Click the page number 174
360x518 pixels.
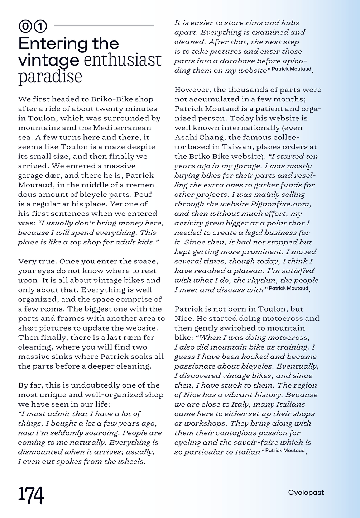point(31,495)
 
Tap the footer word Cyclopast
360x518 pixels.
point(306,493)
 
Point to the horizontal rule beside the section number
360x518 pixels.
point(104,25)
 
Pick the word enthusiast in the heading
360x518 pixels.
point(123,60)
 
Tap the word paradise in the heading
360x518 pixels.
point(50,77)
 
